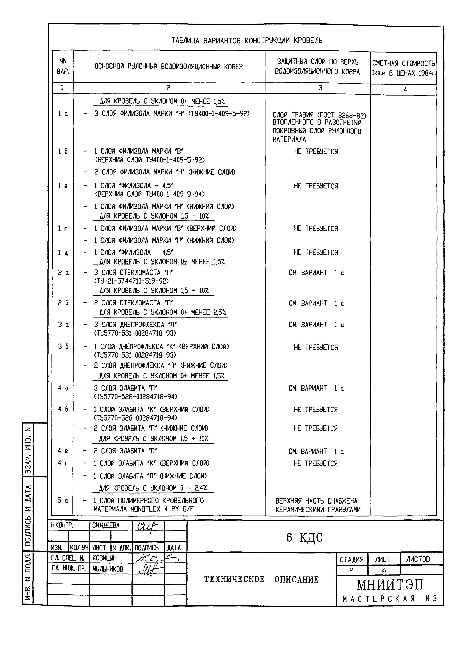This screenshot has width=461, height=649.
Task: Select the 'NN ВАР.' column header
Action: (x=63, y=66)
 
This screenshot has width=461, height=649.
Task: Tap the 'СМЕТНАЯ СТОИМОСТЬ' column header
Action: (x=403, y=63)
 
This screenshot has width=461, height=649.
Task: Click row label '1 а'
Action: (x=63, y=114)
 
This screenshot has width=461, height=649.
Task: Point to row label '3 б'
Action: (x=63, y=347)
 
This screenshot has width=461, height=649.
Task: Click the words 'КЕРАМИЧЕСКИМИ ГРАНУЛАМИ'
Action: (x=318, y=509)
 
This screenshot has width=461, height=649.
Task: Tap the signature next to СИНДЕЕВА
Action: (x=148, y=526)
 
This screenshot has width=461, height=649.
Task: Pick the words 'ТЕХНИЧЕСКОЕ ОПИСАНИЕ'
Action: (x=261, y=580)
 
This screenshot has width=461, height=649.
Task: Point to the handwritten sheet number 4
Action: (x=384, y=570)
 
